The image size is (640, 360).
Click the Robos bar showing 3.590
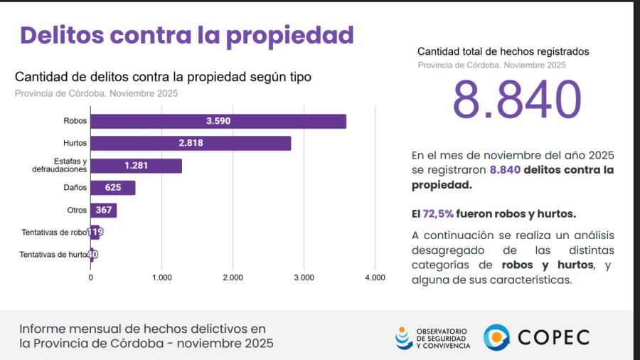(218, 122)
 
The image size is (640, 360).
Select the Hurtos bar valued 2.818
(191, 144)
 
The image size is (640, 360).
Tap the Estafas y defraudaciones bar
(136, 166)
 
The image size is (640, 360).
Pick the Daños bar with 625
(112, 188)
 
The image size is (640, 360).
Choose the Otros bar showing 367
(103, 210)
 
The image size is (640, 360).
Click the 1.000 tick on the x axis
(161, 277)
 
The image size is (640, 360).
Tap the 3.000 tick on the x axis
(304, 277)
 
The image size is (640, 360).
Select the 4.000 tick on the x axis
(374, 277)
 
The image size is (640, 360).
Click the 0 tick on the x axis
(90, 277)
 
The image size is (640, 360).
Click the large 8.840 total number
(517, 100)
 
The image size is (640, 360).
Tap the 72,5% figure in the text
(437, 213)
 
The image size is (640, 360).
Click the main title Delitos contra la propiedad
(186, 35)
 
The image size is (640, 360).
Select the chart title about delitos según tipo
(163, 77)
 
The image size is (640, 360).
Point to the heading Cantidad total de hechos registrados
(503, 51)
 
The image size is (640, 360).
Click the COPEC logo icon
(496, 337)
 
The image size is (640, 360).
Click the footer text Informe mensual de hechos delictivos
(142, 329)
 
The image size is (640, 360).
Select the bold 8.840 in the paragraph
(505, 170)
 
